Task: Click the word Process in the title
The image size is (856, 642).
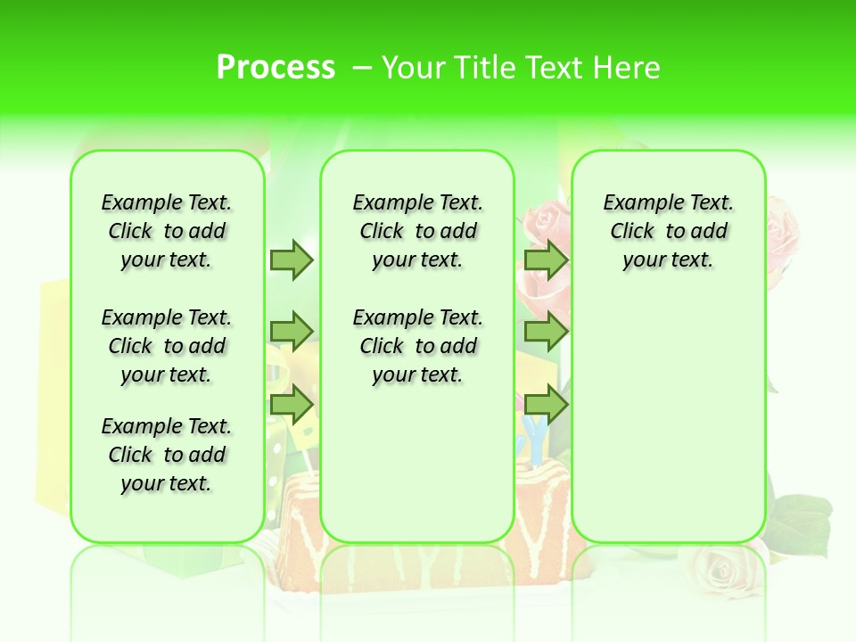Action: pos(276,68)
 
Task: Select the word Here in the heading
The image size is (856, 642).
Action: pos(629,68)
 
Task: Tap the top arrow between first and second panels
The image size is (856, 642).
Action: pos(292,259)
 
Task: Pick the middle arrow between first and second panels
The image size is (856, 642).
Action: pos(292,332)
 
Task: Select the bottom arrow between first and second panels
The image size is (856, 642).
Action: pos(292,405)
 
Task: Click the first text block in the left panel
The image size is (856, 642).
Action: pos(167,231)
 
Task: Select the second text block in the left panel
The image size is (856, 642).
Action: pos(167,346)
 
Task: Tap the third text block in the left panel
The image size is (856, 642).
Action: pos(167,455)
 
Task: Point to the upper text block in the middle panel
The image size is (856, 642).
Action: pos(417,231)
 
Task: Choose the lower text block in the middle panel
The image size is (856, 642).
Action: pos(417,346)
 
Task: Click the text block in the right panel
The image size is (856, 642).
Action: pos(668,231)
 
